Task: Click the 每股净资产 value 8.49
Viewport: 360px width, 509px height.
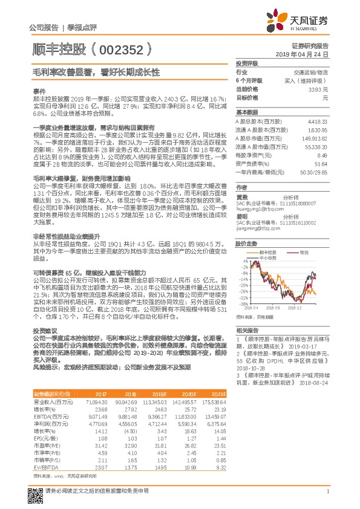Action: coord(321,155)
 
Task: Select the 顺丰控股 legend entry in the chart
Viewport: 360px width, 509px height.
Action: coord(267,251)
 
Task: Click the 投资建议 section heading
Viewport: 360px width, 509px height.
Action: coord(42,331)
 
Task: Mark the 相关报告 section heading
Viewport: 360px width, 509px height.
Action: coord(247,329)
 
